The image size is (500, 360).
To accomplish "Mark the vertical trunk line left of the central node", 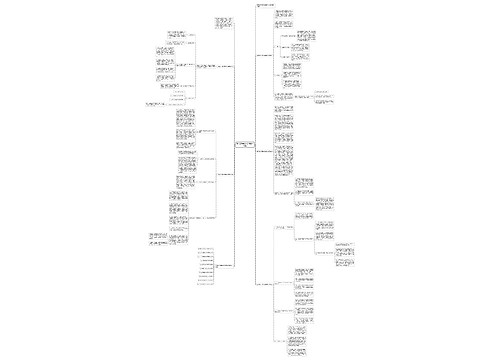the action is [236, 150].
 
